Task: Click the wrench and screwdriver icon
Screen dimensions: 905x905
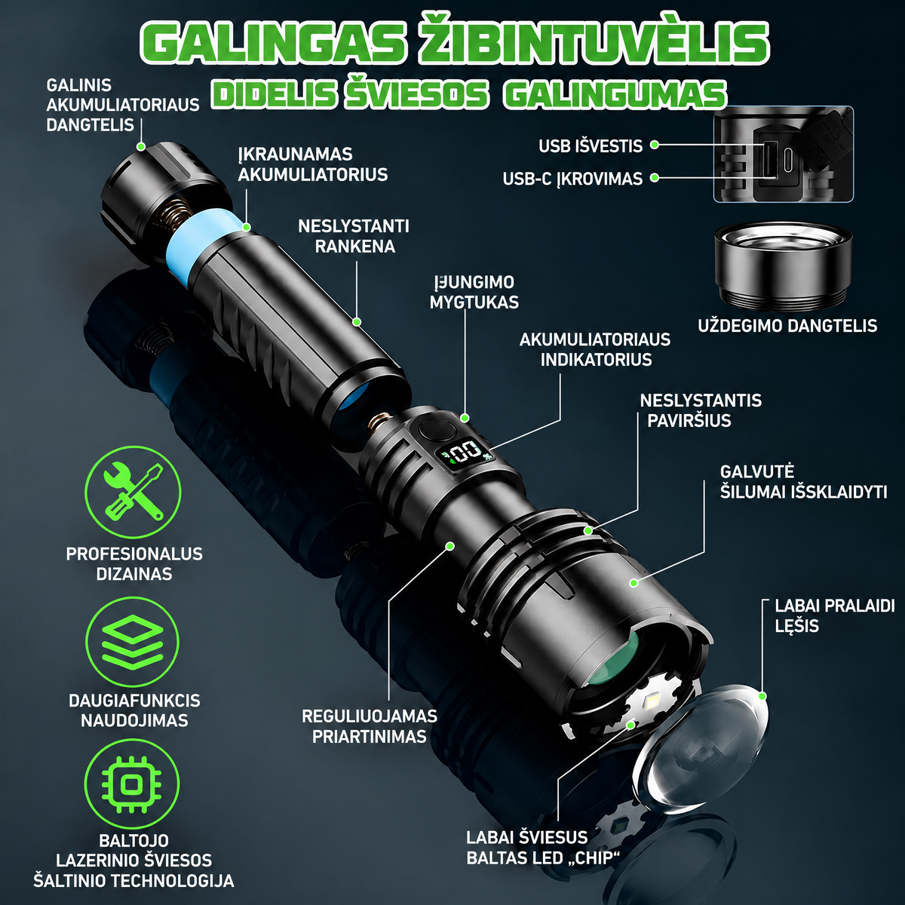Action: (133, 492)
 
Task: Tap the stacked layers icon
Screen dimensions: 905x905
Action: (132, 640)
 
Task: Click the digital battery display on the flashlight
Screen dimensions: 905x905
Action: (466, 454)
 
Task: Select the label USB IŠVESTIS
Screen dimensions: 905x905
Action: (591, 146)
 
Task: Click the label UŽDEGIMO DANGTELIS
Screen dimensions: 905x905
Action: (787, 326)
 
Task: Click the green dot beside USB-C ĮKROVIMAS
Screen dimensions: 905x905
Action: (654, 178)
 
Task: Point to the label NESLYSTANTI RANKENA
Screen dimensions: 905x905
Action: (354, 236)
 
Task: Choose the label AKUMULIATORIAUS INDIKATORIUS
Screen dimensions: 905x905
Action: (595, 349)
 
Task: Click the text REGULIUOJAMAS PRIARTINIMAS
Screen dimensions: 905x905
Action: (369, 726)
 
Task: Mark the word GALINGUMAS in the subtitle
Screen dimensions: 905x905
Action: (615, 94)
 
